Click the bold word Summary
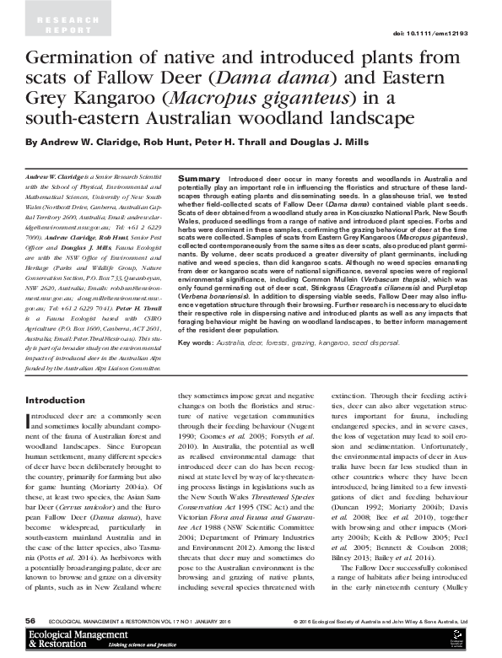pos(200,181)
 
